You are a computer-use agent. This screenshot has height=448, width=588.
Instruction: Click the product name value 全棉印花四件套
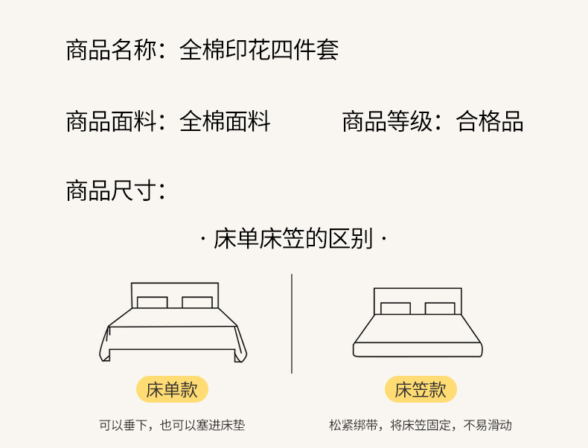259,51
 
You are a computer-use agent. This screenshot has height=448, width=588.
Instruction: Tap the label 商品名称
111,51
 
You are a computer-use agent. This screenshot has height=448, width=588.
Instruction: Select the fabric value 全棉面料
225,121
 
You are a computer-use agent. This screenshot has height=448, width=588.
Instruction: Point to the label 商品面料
111,121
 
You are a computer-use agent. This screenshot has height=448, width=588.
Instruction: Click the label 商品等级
387,121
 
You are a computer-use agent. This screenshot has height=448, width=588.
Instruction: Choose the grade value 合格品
490,121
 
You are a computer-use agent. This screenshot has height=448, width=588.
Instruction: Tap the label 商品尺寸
111,191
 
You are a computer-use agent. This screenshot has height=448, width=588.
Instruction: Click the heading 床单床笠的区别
293,240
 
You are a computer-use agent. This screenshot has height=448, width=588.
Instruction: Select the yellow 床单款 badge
172,389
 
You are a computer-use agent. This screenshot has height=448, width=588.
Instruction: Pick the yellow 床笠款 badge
420,389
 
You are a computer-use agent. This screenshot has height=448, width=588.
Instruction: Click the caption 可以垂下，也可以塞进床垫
172,426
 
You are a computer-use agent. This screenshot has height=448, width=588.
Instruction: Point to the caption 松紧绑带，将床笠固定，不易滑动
421,426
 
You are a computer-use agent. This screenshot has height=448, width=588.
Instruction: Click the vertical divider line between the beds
292,324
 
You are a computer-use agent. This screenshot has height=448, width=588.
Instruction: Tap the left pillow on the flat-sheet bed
152,302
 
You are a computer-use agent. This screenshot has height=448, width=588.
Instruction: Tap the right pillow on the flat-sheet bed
197,302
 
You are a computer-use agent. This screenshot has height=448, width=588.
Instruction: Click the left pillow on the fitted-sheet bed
395,308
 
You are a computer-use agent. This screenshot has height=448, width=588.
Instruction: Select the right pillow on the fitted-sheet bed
440,308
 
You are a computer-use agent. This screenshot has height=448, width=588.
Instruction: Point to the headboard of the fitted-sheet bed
418,295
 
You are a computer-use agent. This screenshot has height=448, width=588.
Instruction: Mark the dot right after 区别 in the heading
383,240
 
